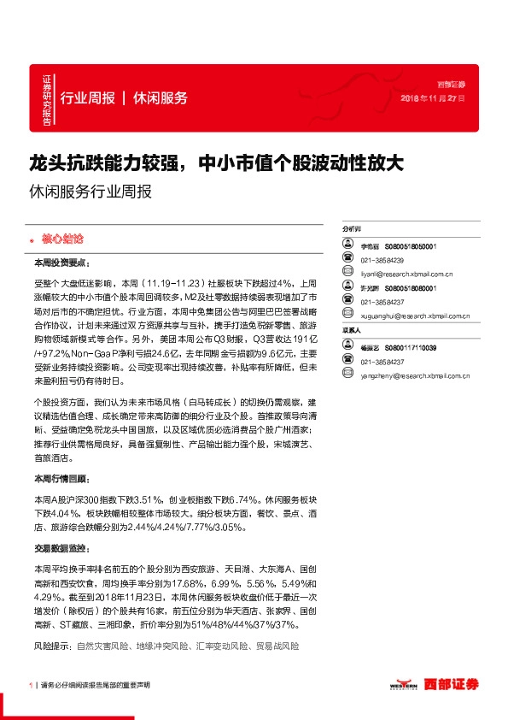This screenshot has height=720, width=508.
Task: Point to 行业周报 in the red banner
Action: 88,97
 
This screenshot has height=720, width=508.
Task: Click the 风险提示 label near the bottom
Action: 52,647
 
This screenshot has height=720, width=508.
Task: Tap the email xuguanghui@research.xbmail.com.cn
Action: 412,316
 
